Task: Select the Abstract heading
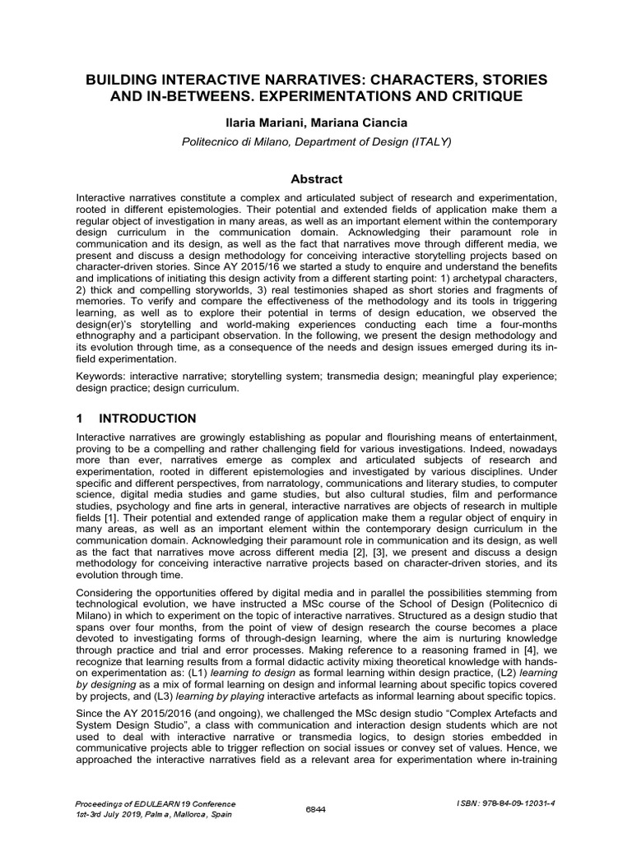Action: tap(317, 179)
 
